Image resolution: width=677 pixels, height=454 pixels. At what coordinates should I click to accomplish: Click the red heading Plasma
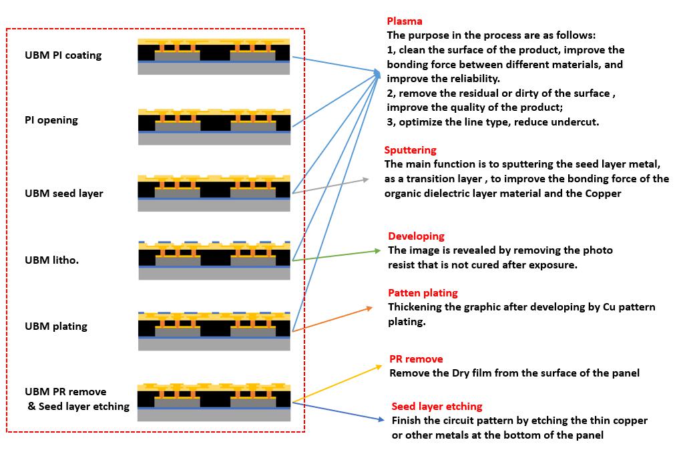(x=404, y=21)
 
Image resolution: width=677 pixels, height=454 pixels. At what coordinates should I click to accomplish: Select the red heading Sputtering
(x=410, y=150)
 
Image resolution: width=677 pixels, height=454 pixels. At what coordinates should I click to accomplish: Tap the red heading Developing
(x=416, y=236)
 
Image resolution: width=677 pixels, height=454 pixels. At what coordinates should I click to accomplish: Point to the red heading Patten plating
(x=423, y=293)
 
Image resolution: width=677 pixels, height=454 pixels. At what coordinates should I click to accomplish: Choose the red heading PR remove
(x=416, y=359)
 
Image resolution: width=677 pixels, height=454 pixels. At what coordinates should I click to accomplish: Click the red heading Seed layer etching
(x=437, y=407)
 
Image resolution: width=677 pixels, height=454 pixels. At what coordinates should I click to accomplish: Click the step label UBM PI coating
(x=63, y=55)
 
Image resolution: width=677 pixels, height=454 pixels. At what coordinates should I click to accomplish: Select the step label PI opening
(x=51, y=120)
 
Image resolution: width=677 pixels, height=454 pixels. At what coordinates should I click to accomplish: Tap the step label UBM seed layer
(x=64, y=194)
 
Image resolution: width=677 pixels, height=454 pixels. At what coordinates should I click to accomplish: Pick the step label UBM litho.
(x=51, y=260)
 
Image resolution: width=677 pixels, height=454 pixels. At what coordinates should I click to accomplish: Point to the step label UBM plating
(x=55, y=326)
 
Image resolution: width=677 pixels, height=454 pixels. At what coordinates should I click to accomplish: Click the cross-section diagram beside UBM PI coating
(x=214, y=57)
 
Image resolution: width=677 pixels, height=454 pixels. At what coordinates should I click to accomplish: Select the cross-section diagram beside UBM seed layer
(x=214, y=193)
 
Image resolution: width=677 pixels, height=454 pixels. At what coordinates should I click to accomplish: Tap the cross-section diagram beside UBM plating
(x=214, y=330)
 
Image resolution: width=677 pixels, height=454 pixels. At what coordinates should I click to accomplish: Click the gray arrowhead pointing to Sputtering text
(x=366, y=180)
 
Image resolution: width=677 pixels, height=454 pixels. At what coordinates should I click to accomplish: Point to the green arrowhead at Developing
(x=378, y=251)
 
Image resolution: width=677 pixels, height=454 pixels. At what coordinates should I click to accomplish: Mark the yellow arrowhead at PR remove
(x=379, y=367)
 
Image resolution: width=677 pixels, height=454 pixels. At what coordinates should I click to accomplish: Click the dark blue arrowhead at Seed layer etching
(x=381, y=419)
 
